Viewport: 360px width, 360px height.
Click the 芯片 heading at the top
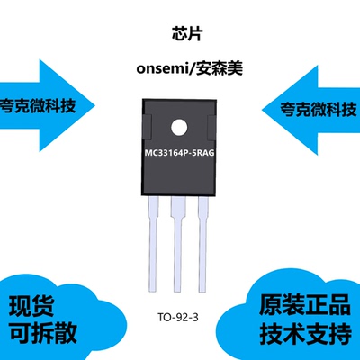[x=187, y=33]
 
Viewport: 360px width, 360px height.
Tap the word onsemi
[x=162, y=69]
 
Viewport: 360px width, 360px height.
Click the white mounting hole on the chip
[x=179, y=128]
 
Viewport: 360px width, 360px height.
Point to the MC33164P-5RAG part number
[x=180, y=153]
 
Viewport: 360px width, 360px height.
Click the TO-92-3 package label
[x=178, y=317]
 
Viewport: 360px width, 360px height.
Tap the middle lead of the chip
[x=177, y=244]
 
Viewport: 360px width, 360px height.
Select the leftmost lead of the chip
[x=153, y=244]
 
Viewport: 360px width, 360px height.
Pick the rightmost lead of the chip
[x=203, y=244]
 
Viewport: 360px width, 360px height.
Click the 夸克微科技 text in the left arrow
[x=38, y=105]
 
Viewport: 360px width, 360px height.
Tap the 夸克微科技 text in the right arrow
[x=319, y=109]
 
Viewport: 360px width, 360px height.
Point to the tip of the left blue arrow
[x=94, y=105]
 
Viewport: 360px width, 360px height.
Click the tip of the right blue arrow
[x=263, y=110]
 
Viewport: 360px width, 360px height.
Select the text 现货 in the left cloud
[x=31, y=307]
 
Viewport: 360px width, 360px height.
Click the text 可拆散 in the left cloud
[x=43, y=333]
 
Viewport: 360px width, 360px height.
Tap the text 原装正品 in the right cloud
[x=305, y=304]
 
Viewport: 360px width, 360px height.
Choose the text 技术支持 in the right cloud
[x=305, y=333]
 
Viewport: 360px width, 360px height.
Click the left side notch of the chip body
[x=147, y=127]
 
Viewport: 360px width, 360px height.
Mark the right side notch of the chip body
[x=211, y=129]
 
